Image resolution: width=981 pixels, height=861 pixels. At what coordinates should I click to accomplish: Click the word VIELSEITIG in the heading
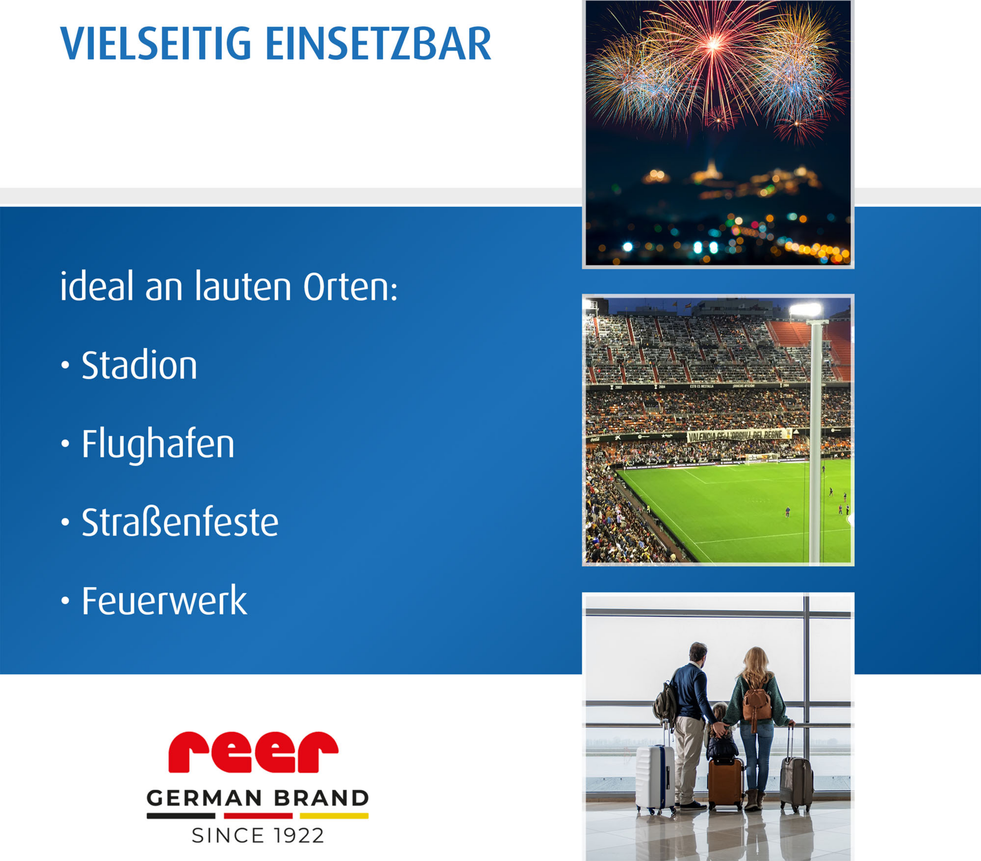155,44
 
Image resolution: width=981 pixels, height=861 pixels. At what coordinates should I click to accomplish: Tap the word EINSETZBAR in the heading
378,44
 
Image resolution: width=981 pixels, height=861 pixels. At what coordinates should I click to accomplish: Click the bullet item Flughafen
158,445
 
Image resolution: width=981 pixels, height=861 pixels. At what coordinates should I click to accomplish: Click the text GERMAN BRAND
258,798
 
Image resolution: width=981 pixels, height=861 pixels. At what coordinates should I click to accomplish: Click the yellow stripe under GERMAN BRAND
334,816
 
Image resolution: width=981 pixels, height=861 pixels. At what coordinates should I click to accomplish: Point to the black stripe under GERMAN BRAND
181,816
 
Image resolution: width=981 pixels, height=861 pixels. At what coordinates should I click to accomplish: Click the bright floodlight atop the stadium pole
806,310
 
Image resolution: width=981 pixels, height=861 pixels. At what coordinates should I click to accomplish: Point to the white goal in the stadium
761,459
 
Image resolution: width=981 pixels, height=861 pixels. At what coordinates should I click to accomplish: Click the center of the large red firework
714,45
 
